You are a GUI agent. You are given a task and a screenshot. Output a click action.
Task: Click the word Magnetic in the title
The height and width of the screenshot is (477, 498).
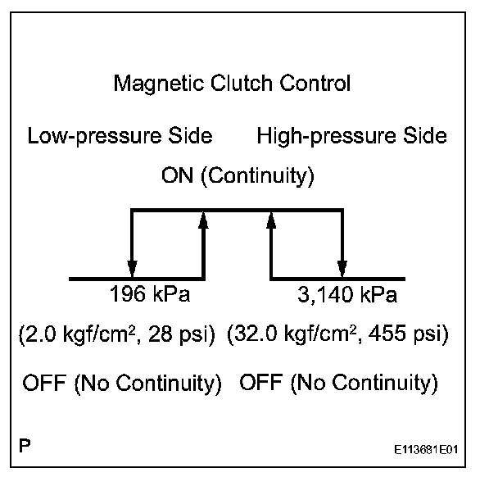coord(158,84)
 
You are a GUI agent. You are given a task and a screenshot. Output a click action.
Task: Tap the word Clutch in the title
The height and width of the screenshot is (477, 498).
coord(242,83)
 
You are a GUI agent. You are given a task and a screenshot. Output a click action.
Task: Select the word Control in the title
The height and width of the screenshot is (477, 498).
coord(315,83)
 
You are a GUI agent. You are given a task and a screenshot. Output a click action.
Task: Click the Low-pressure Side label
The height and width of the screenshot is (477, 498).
coord(120,136)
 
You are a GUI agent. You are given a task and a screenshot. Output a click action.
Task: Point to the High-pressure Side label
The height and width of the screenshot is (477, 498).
coord(352,136)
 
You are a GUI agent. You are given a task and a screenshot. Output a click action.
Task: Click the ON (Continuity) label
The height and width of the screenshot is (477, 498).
coord(238,175)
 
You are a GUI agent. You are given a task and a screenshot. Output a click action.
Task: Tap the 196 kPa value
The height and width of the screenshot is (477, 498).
coord(150,294)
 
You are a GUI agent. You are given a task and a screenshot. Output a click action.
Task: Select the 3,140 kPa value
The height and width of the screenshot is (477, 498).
coord(347,294)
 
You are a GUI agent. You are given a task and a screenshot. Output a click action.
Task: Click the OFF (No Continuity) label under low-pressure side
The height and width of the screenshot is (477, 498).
coord(122,383)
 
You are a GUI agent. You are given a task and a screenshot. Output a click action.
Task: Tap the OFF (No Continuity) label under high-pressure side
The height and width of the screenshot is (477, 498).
coord(338,383)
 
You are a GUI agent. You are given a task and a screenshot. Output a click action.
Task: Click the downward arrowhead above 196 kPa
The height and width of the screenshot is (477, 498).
coord(133,269)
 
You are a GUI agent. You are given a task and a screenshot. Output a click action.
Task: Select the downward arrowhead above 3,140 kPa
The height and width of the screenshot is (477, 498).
coord(342,269)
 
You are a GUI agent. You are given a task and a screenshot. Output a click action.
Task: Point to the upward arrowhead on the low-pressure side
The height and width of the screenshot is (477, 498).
coord(203,220)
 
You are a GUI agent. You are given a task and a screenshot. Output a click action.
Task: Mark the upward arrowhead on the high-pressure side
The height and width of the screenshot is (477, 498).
coord(271,220)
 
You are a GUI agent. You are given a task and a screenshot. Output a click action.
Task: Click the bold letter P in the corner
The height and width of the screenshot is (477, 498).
coord(25,446)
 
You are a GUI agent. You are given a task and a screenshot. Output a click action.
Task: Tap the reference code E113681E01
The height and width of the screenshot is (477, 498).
coord(426,450)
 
